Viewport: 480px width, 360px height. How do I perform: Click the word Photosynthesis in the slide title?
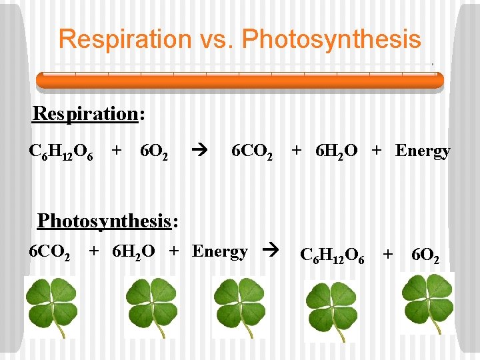331,39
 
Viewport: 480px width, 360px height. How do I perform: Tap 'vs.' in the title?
218,39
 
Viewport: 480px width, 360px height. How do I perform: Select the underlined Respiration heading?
85,113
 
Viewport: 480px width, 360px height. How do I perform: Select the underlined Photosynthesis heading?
103,219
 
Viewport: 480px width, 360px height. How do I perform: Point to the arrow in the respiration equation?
199,151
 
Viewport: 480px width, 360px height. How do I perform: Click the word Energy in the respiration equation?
423,151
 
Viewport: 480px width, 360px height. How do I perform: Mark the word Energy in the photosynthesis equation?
220,252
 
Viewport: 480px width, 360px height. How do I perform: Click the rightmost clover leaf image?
427,303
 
